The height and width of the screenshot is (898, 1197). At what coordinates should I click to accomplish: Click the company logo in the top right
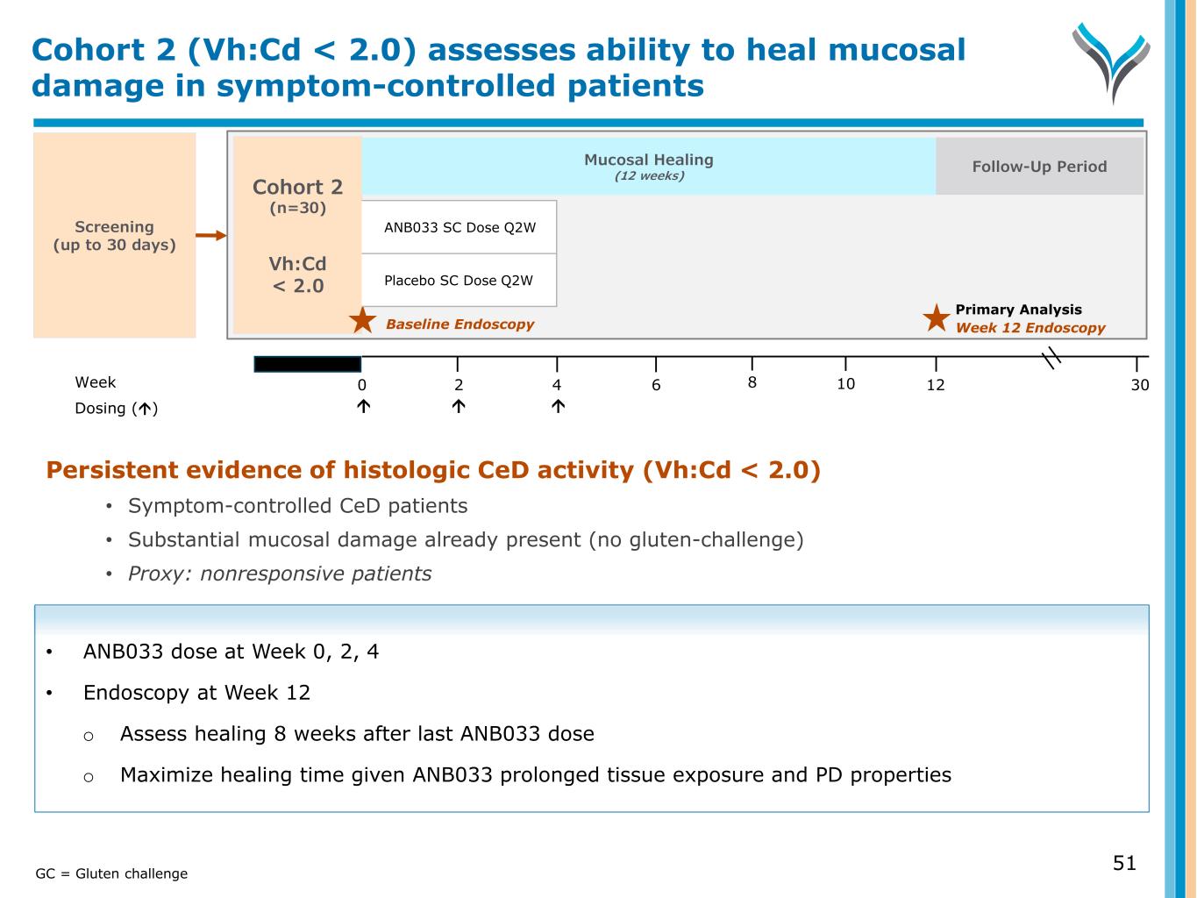(1110, 61)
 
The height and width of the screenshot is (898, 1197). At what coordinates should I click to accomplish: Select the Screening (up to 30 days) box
(114, 235)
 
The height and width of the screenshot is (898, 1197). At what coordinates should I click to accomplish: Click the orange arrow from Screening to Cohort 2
(210, 235)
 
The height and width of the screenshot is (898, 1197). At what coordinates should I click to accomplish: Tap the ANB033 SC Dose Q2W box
(459, 227)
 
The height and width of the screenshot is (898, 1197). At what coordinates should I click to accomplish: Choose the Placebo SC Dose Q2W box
(459, 281)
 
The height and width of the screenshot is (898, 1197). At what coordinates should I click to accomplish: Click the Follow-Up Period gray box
(1039, 167)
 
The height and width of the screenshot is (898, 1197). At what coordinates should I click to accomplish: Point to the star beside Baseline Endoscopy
(362, 321)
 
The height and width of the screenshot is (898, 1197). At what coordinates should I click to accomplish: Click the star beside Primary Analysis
(937, 318)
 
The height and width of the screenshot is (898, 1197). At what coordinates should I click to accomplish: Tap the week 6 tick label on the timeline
(656, 385)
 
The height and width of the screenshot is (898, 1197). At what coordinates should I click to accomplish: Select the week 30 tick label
(1139, 385)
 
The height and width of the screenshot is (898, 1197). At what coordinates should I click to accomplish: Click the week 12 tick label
(936, 385)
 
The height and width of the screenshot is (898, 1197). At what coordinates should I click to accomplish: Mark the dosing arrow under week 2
(459, 406)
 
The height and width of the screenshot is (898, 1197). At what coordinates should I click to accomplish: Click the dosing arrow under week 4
(558, 406)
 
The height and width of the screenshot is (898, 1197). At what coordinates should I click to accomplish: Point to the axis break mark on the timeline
(1051, 357)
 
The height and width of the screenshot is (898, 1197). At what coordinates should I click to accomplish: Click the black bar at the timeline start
(307, 364)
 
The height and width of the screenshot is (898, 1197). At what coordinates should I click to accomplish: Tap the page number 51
(1124, 863)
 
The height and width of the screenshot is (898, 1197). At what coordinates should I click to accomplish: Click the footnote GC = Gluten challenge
(111, 873)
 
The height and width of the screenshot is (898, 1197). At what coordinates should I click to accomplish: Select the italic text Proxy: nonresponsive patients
(280, 574)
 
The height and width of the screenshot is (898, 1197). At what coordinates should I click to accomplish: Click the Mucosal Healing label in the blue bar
(648, 160)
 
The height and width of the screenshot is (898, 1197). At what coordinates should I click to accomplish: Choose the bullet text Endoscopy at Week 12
(196, 693)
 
